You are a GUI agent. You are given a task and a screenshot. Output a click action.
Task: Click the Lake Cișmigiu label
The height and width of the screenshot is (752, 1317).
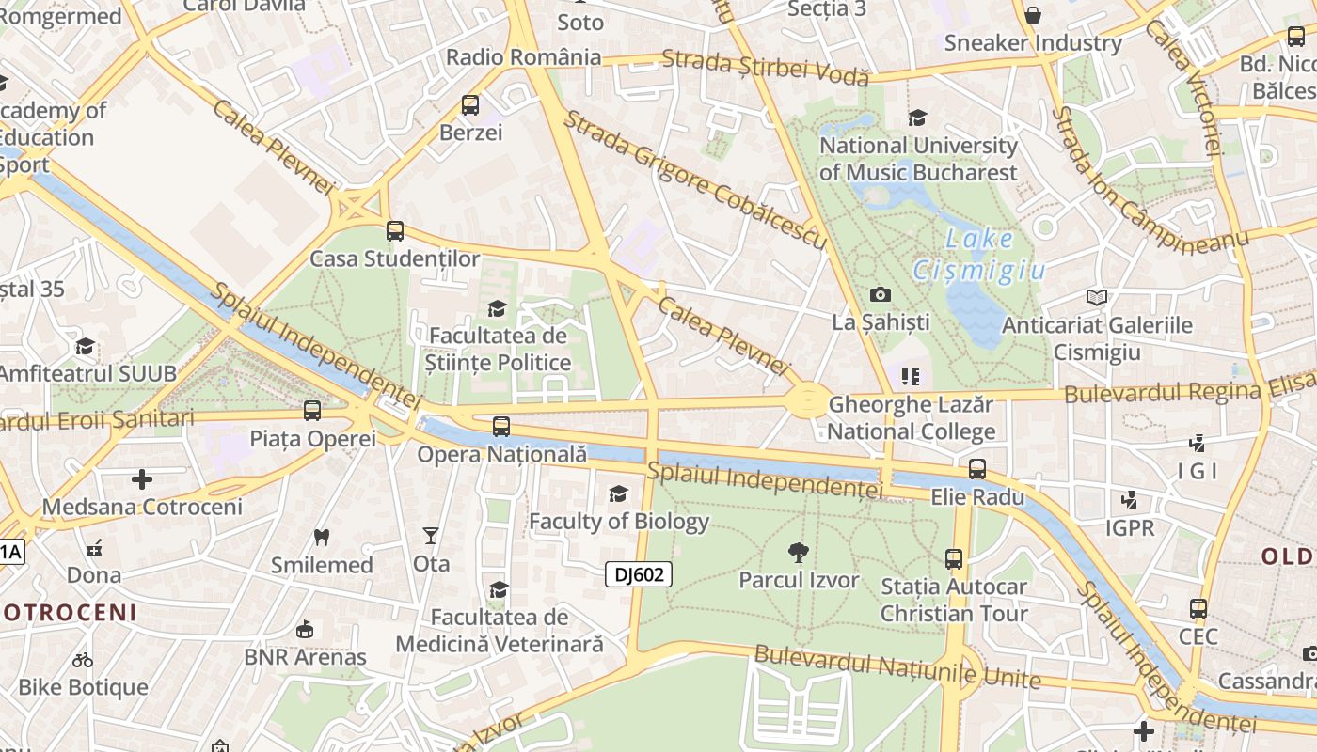pos(979,255)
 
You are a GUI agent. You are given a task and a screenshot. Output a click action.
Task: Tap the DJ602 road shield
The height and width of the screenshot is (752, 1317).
pos(639,574)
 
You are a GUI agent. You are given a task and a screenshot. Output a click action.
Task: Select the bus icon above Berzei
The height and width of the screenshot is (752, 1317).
pos(470,105)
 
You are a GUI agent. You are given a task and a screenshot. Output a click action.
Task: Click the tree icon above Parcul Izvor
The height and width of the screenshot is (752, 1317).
pos(799,552)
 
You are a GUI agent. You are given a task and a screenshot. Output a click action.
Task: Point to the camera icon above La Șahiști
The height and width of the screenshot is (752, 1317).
pos(881,295)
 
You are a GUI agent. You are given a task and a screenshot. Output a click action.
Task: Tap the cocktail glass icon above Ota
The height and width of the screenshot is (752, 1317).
pos(431,536)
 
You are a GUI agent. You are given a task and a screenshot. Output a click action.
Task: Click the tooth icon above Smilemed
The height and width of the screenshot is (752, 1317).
pos(322,538)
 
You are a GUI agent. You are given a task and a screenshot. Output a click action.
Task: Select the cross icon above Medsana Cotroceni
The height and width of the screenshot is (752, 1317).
pos(142,479)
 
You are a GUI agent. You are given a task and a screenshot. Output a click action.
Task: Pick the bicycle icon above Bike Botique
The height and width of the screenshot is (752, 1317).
pos(83,660)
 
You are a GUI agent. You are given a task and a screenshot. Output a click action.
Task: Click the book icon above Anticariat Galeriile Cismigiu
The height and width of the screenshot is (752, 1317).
pos(1096,298)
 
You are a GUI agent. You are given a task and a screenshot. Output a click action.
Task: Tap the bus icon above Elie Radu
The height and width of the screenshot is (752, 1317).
pos(977,469)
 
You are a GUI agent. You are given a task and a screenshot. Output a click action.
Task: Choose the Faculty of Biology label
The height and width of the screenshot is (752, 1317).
pos(619,521)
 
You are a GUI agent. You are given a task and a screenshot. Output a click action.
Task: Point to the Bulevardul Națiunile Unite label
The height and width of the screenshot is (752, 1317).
pos(897,666)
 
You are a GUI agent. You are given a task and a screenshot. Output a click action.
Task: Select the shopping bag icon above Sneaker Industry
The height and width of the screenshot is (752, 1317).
pos(1033,15)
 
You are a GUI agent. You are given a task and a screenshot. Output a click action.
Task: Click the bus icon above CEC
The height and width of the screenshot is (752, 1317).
pos(1198,609)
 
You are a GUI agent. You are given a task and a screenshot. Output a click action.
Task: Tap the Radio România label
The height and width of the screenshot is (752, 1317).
pos(523,56)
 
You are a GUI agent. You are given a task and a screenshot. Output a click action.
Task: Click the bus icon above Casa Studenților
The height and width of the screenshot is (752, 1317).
pos(395,231)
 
